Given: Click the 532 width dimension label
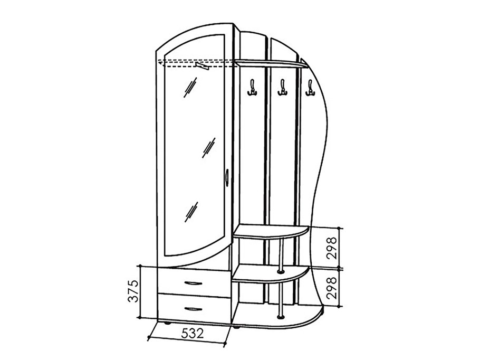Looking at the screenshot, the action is pos(192,333).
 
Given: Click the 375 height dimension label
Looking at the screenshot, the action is pos(134,291).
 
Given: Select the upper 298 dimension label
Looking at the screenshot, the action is pos(332,248).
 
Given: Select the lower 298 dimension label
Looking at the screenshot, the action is pos(332,288).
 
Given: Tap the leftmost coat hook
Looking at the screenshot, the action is pos(252,88).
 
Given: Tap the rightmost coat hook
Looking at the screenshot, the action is pos(310,88).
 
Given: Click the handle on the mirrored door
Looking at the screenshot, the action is pos(226,177).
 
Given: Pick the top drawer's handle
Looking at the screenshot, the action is pos(193,283).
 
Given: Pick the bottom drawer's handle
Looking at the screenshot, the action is pos(193,309).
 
